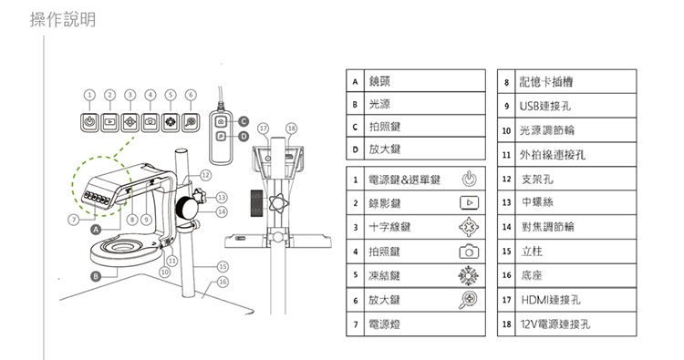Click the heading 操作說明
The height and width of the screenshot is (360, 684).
coord(63,20)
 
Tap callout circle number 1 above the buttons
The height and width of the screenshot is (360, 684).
coord(89,95)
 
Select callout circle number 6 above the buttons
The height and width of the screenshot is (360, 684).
coord(191,95)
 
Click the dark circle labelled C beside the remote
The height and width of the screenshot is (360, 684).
coord(244,121)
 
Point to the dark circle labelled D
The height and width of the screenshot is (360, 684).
coord(244,137)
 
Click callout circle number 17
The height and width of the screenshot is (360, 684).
coord(263,129)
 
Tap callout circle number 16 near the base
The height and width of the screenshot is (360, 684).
coord(223,282)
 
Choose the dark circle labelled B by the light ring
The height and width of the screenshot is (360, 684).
coord(96,276)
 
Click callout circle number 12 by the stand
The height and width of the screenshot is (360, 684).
coord(205,175)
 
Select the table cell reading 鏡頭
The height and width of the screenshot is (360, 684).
coord(425,80)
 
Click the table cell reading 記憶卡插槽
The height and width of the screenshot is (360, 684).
coord(575,81)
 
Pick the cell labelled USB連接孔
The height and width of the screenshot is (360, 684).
coord(575,106)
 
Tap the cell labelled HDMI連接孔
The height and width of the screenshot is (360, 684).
coord(575,300)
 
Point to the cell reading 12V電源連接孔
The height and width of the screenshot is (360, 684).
coord(575,324)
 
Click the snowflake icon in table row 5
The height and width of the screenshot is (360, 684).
coord(469,275)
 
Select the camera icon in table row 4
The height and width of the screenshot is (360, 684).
coord(469,252)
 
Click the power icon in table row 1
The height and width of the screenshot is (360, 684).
coord(469,179)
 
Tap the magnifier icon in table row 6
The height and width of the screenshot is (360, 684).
coord(468,300)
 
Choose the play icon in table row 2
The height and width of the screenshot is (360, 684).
coord(469,202)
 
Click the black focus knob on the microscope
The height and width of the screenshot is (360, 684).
coord(187,207)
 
